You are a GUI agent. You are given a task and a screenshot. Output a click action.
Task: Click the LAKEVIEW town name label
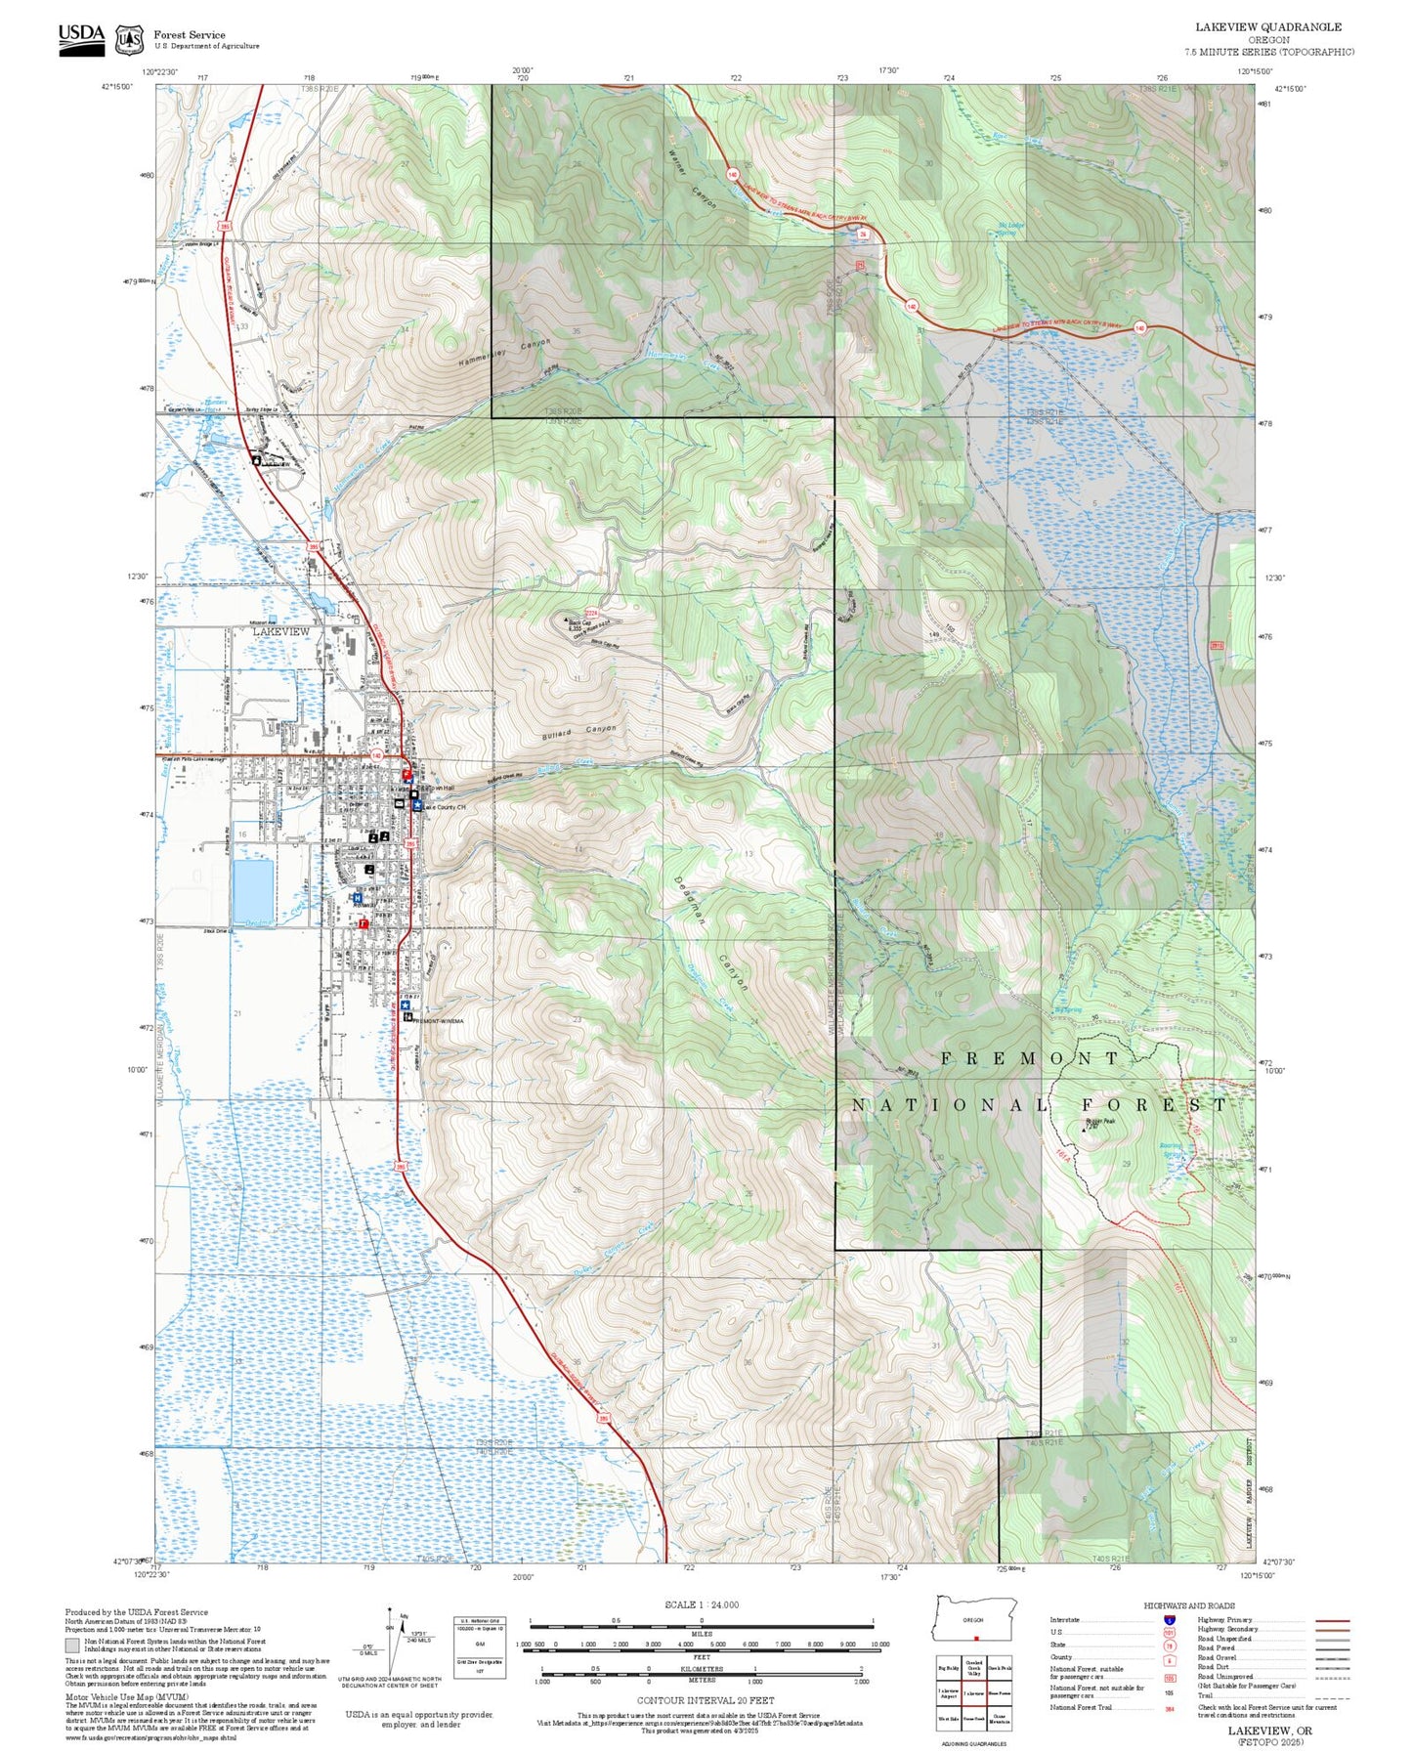pyautogui.click(x=280, y=632)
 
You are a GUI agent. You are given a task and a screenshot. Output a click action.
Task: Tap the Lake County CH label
pyautogui.click(x=445, y=807)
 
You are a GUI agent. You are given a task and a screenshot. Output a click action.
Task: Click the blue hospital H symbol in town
pyautogui.click(x=358, y=897)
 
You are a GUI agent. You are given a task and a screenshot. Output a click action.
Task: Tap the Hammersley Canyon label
pyautogui.click(x=504, y=353)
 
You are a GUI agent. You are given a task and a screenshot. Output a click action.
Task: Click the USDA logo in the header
pyautogui.click(x=81, y=38)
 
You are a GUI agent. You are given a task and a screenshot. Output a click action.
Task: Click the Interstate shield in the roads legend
pyautogui.click(x=1169, y=1620)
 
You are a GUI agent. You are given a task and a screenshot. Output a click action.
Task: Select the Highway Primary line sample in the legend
pyautogui.click(x=1332, y=1620)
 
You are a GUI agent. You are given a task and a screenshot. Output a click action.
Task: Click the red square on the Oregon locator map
pyautogui.click(x=975, y=1639)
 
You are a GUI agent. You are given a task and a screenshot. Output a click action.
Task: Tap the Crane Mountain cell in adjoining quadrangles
pyautogui.click(x=1000, y=1719)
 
